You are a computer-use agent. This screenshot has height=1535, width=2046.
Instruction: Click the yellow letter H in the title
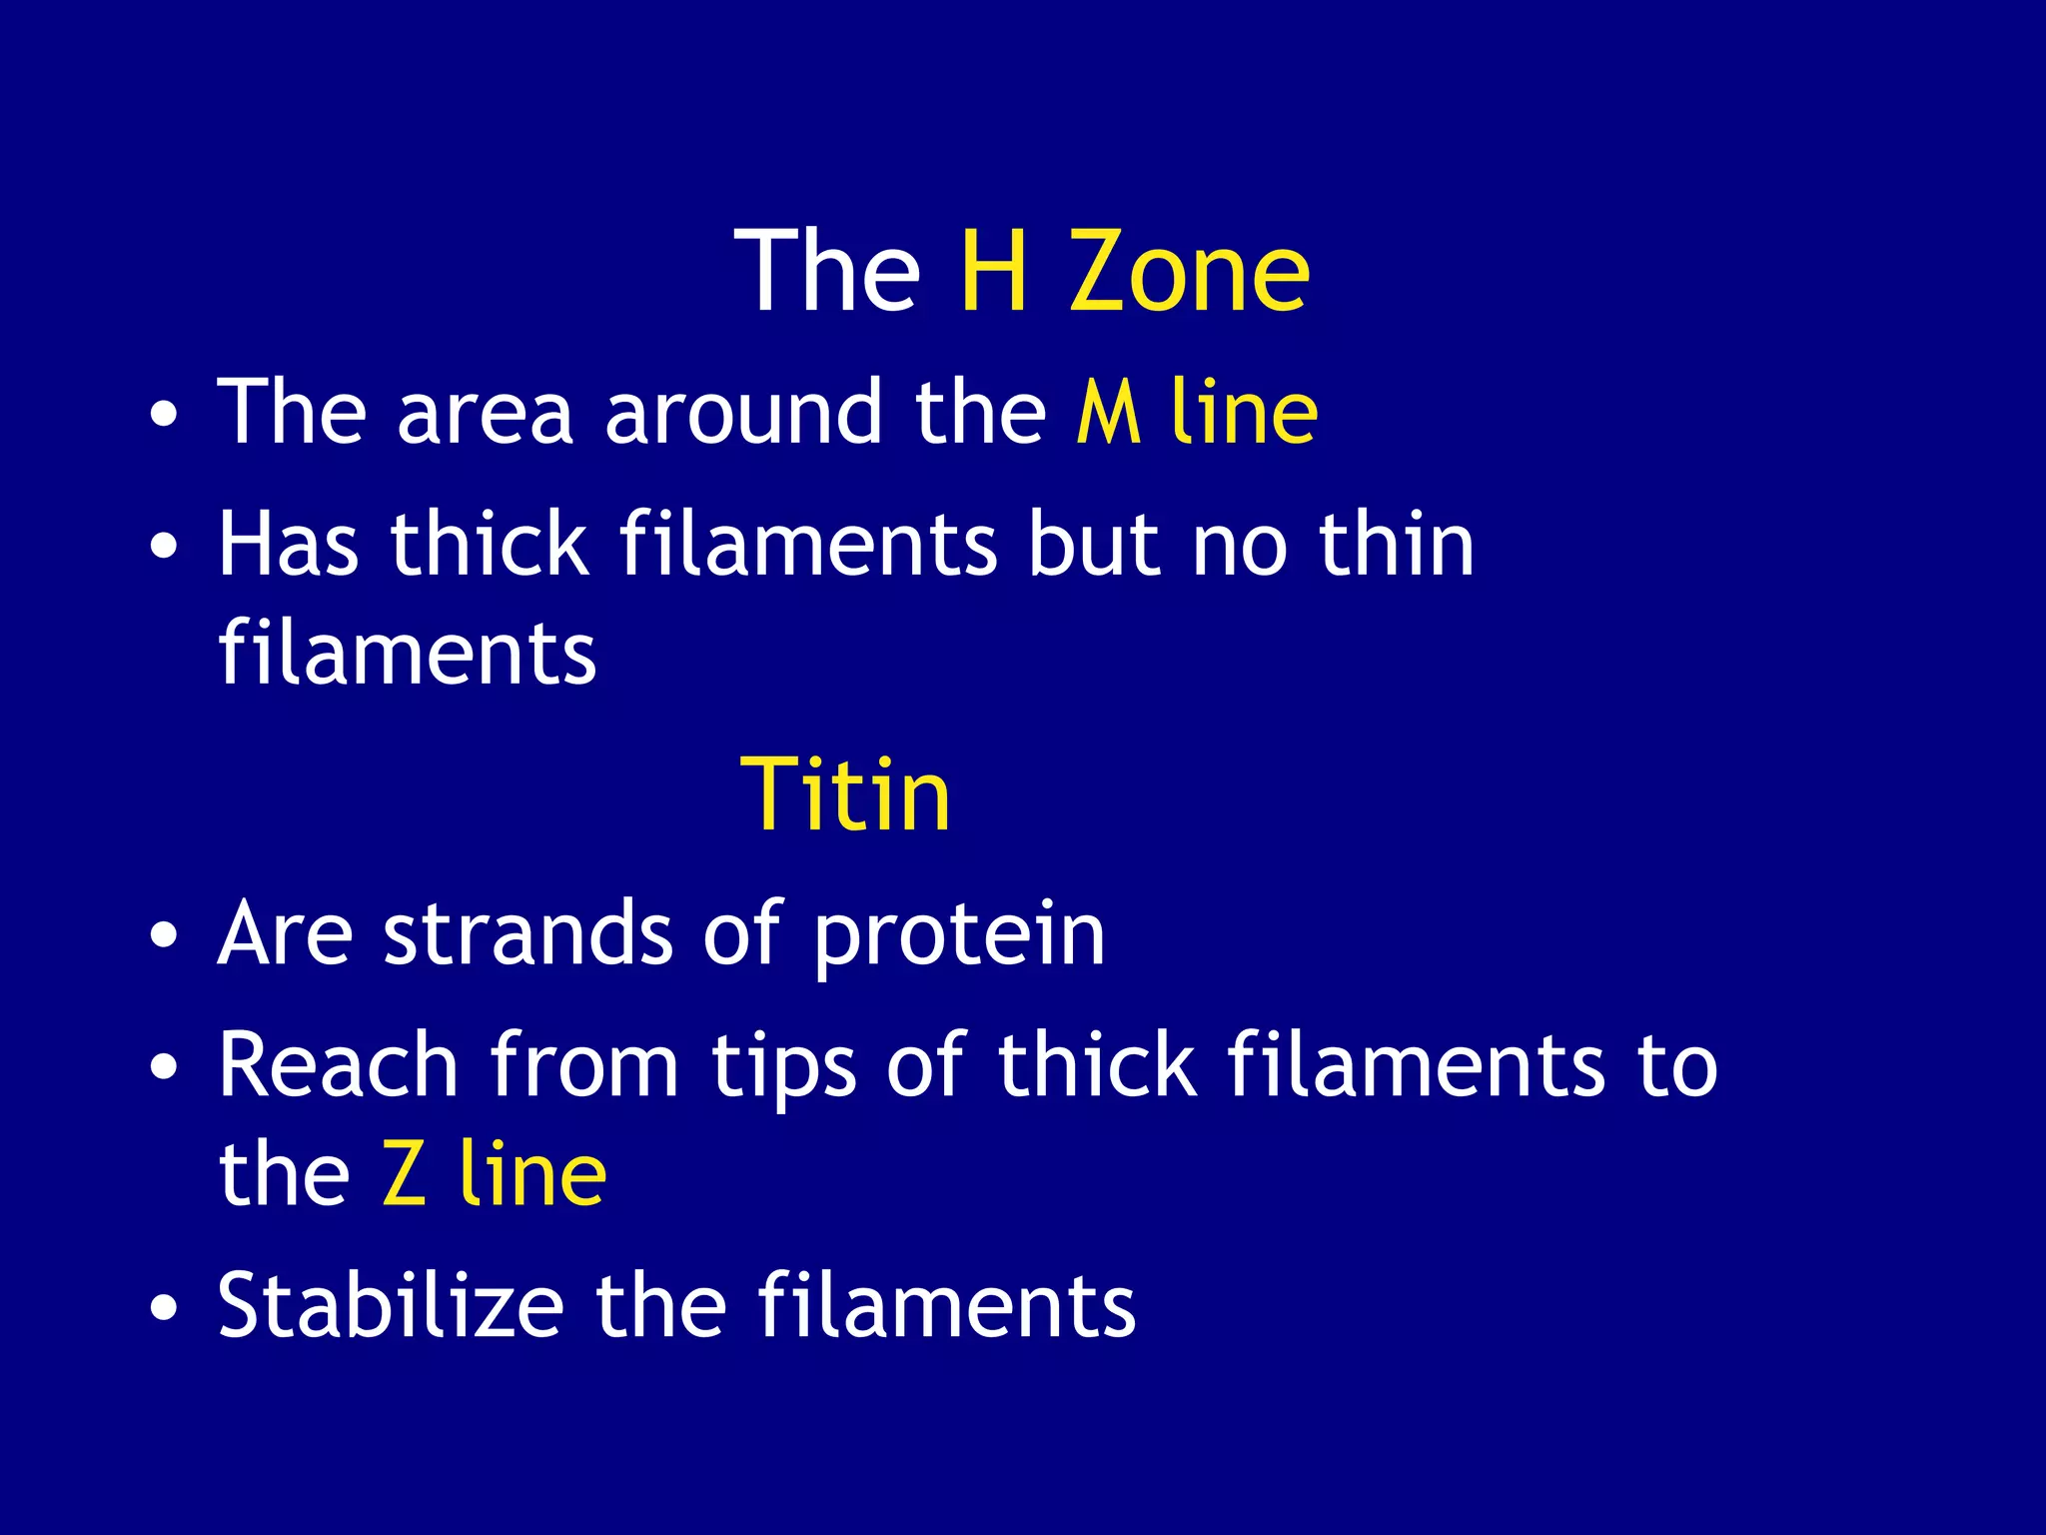[x=994, y=271]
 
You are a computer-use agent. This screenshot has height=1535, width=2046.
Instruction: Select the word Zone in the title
[x=1190, y=271]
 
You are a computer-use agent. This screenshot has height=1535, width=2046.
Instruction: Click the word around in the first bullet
[x=743, y=412]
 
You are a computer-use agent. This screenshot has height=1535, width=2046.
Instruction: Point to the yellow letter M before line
[x=1108, y=412]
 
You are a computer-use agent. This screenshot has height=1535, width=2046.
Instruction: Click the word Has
[x=289, y=545]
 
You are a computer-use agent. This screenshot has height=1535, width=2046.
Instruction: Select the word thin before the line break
[x=1396, y=545]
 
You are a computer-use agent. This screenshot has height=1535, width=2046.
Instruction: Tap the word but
[x=1094, y=545]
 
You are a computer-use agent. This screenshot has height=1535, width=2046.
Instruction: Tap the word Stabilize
[x=391, y=1305]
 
